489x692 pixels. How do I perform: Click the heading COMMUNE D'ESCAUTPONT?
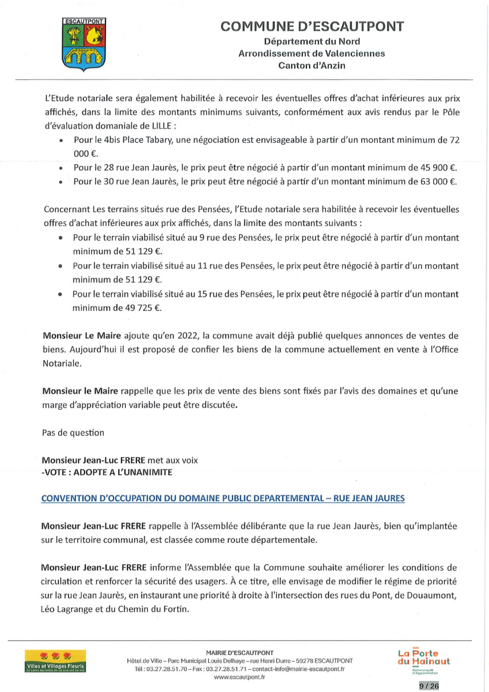click(312, 27)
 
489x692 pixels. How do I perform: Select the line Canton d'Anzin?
click(312, 66)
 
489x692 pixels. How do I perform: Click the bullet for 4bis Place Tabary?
click(60, 141)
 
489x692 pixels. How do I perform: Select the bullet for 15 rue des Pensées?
click(60, 294)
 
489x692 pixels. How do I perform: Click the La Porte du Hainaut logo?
click(423, 660)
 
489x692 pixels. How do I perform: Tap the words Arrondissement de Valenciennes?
click(312, 53)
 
